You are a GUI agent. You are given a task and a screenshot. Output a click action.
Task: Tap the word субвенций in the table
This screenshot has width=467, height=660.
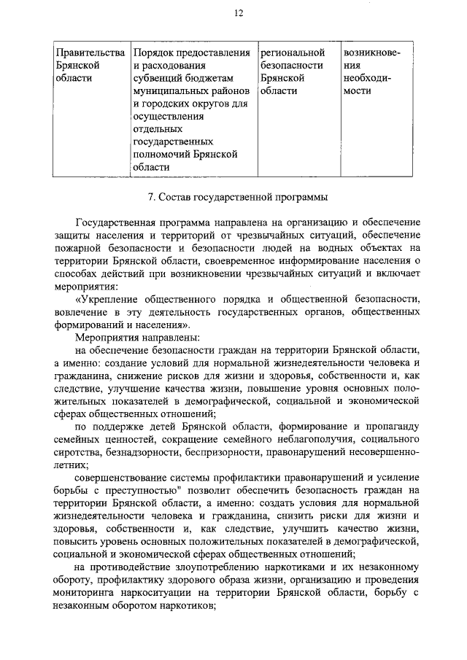click(x=161, y=79)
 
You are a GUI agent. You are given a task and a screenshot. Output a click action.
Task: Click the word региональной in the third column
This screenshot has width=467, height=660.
click(x=292, y=53)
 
